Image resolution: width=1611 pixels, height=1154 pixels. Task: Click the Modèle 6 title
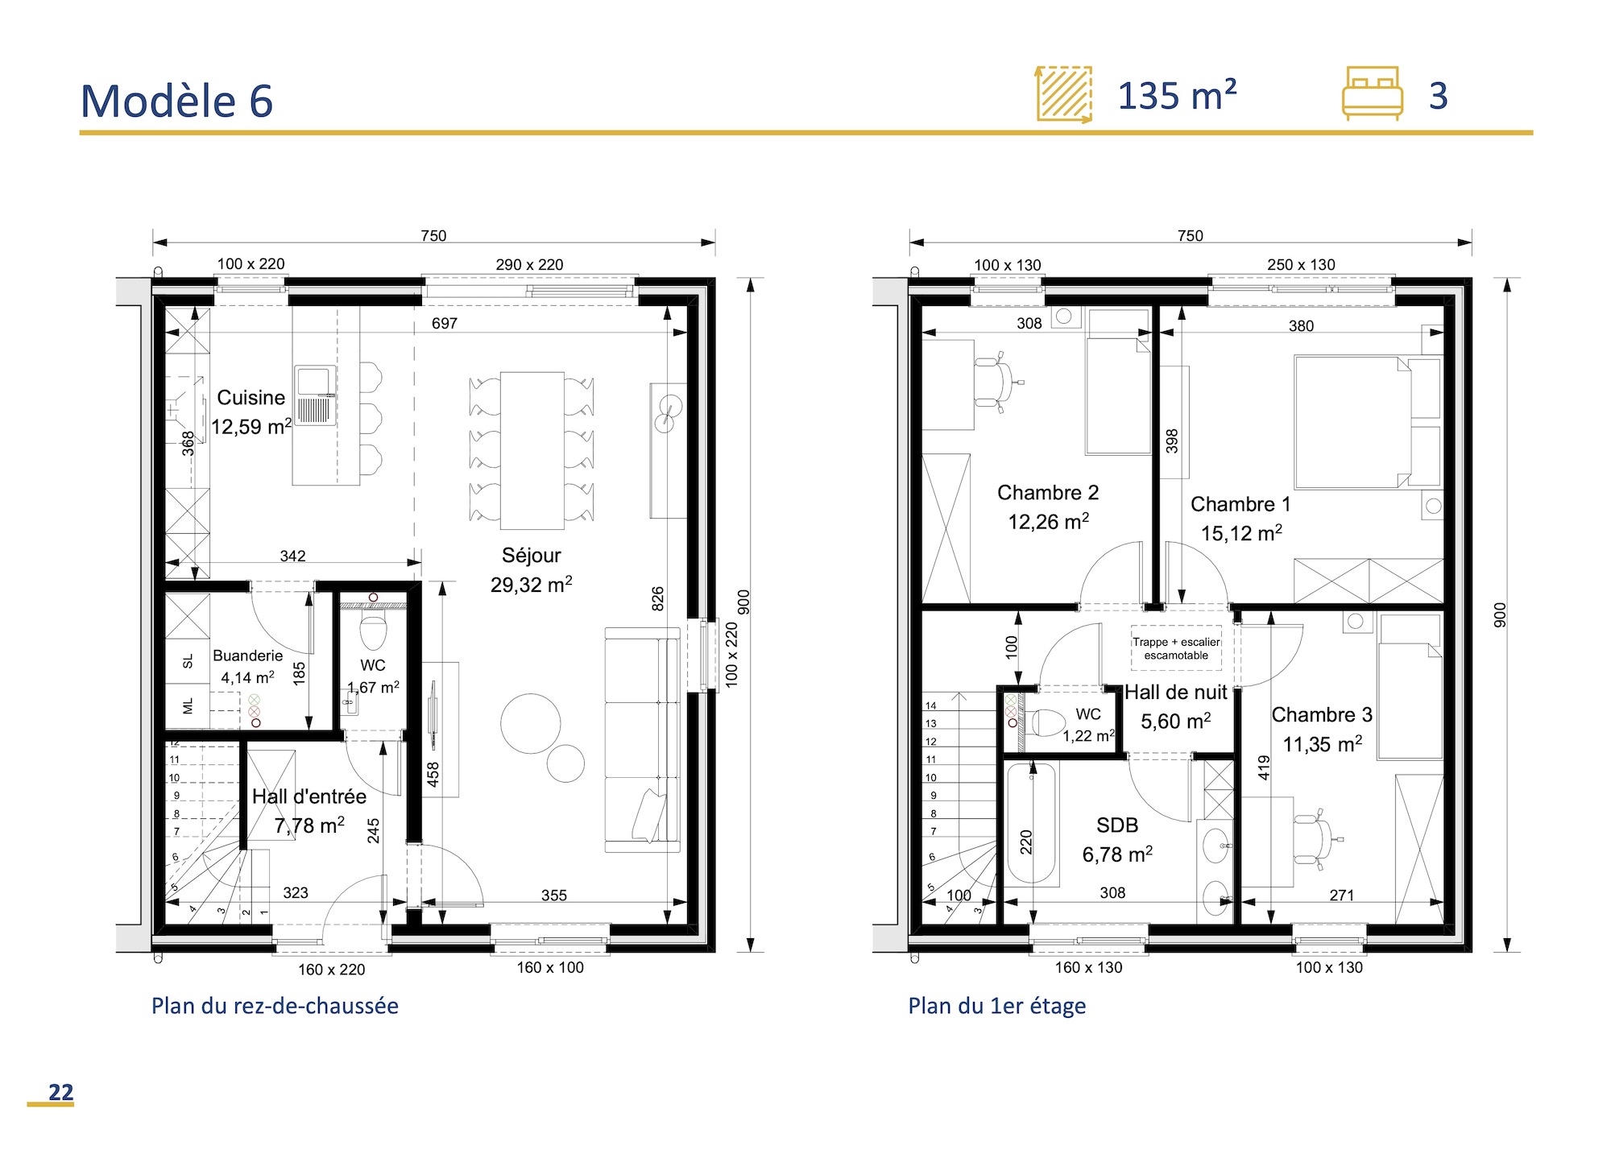(176, 101)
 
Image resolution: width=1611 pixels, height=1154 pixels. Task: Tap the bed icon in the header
(1372, 94)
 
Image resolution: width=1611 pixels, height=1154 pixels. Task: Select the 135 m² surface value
(1176, 97)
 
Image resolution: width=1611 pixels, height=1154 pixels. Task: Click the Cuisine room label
(251, 398)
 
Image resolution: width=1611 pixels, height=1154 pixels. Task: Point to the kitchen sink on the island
(314, 395)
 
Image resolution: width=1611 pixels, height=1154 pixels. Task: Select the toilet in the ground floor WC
(373, 632)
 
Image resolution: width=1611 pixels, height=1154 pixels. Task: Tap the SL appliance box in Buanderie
(188, 661)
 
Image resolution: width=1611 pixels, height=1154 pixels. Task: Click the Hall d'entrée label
(309, 796)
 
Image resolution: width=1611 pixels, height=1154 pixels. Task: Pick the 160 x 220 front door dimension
(331, 970)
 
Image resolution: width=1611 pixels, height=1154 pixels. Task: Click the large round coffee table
(530, 723)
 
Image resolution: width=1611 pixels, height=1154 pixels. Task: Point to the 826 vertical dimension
(658, 598)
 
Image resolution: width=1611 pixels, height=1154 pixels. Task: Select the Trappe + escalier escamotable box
(1176, 648)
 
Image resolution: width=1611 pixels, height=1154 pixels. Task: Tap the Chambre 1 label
(1240, 504)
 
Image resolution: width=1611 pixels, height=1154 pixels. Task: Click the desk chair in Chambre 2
(998, 382)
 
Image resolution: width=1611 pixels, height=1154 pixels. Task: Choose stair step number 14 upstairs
(931, 705)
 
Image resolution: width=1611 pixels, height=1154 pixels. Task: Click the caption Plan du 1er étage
(996, 1006)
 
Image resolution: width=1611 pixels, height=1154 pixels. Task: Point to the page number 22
(60, 1092)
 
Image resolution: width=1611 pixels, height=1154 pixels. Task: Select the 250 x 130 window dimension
(1300, 265)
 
